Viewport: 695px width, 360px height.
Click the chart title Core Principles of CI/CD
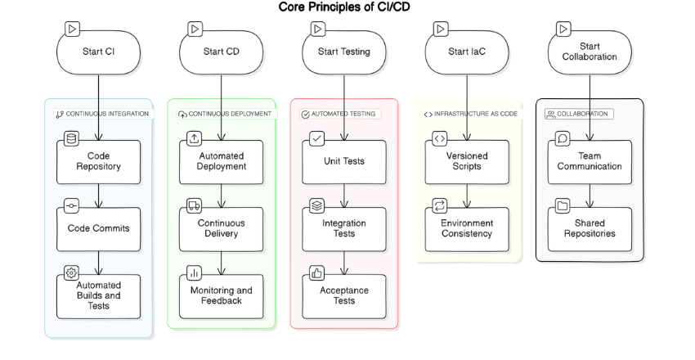[347, 7]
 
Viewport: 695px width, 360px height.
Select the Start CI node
[98, 52]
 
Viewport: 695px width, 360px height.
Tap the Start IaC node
[467, 52]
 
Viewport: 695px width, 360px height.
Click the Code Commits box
[98, 229]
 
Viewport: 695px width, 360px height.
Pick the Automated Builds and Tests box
[98, 296]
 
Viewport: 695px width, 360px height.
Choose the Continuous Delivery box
[222, 229]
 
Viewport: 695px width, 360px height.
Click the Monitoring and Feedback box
[222, 296]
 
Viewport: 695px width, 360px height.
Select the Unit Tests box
[344, 161]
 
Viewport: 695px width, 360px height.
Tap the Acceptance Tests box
[344, 296]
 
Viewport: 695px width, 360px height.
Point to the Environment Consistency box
[467, 229]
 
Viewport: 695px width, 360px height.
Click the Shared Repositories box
[590, 229]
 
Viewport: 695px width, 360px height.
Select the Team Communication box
[590, 161]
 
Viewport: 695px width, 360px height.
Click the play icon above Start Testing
[317, 29]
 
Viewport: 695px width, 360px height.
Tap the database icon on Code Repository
[70, 138]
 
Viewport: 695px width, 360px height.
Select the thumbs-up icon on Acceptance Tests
[316, 272]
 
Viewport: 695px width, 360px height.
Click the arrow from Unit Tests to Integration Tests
[344, 195]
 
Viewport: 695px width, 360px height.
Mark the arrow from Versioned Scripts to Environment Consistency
[467, 195]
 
